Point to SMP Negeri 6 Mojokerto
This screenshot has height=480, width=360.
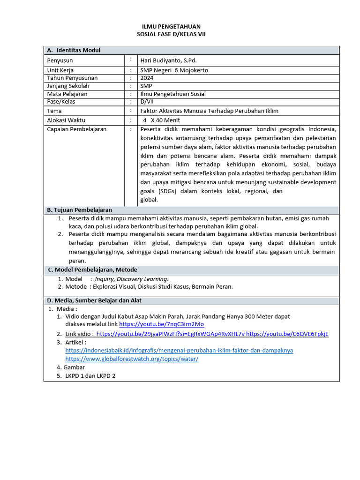pos(174,70)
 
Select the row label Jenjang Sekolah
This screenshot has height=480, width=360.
pos(68,86)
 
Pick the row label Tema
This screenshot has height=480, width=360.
pos(54,111)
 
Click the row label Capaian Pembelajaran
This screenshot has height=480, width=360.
pos(77,129)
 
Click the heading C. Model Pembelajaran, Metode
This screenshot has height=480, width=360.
pos(92,270)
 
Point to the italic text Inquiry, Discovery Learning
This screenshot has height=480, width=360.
pos(131,279)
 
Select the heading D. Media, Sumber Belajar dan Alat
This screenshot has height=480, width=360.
pos(94,300)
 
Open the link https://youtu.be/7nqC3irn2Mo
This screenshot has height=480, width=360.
pos(161,324)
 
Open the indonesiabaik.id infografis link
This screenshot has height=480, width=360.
pos(179,350)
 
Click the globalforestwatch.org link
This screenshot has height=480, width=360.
pos(132,359)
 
